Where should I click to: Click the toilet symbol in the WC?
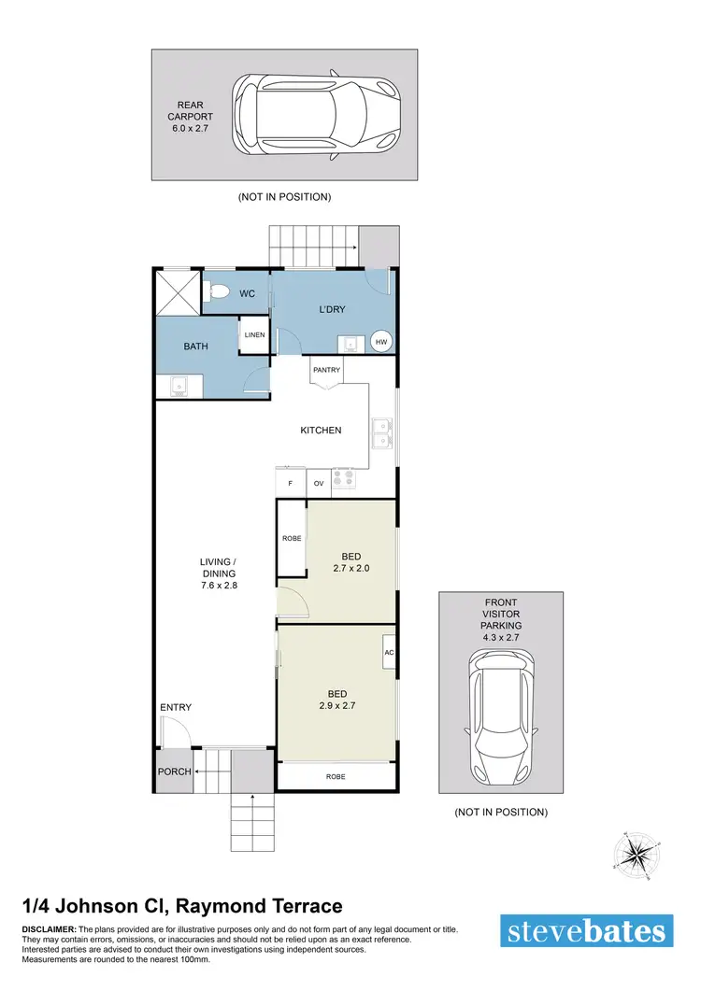(x=217, y=292)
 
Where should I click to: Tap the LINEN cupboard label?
(x=255, y=335)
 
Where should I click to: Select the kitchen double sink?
(x=382, y=432)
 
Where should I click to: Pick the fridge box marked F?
(x=291, y=483)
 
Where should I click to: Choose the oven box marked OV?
(x=318, y=483)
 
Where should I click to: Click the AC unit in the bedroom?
(x=389, y=652)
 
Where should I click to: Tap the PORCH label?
(x=175, y=772)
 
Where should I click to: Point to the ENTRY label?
(x=176, y=707)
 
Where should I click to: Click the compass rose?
(x=635, y=853)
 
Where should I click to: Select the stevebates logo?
(x=587, y=932)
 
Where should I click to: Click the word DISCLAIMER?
(x=49, y=930)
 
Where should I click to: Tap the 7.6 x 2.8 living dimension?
(x=218, y=586)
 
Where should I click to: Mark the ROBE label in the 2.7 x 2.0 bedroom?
(x=291, y=539)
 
